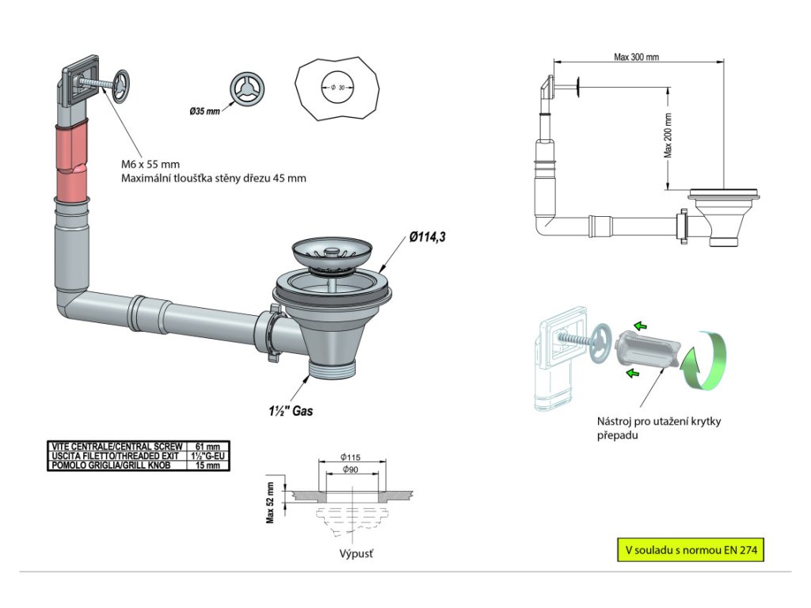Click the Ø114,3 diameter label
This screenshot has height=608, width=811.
[427, 237]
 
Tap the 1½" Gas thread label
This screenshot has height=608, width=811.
[291, 411]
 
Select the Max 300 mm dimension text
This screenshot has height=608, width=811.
[636, 57]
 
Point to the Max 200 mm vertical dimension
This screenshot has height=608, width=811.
[668, 135]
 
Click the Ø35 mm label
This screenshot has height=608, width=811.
[205, 111]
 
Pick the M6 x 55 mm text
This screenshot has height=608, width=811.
[150, 165]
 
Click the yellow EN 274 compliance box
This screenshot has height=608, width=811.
[691, 550]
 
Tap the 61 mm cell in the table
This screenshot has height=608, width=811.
[208, 446]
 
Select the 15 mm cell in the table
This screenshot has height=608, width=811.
[208, 465]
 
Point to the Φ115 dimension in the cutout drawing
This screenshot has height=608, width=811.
[350, 457]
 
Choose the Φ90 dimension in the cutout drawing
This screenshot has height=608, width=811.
[350, 469]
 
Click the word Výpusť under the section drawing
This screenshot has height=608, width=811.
[356, 553]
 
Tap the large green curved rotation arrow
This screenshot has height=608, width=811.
[705, 361]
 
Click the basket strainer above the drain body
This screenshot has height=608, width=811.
[330, 253]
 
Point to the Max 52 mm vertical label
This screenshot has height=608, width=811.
[270, 503]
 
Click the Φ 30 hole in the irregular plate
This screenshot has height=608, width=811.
[337, 88]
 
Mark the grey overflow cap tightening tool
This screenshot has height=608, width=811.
[647, 348]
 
